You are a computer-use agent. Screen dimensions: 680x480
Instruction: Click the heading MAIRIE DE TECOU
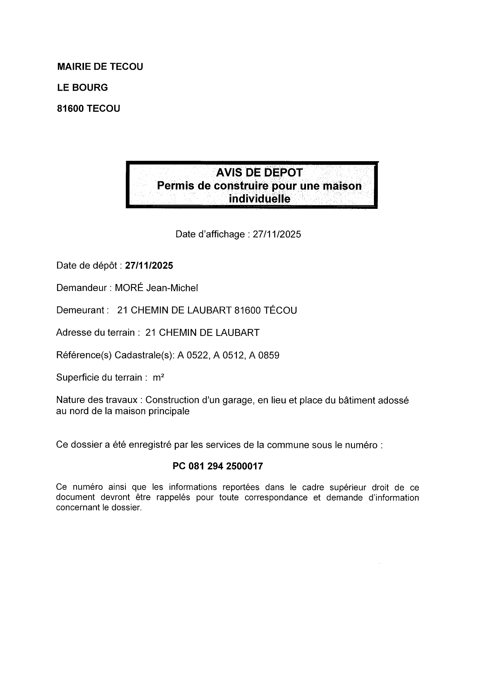pyautogui.click(x=100, y=67)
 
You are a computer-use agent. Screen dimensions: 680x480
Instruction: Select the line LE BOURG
pyautogui.click(x=82, y=88)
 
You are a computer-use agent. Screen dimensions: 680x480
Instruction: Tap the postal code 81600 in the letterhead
pyautogui.click(x=70, y=108)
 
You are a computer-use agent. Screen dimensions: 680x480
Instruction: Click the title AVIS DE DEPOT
pyautogui.click(x=259, y=172)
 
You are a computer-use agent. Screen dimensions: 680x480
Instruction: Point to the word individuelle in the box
pyautogui.click(x=259, y=199)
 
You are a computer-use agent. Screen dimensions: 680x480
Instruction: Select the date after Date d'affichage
pyautogui.click(x=277, y=234)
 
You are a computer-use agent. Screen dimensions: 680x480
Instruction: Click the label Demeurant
pyautogui.click(x=81, y=310)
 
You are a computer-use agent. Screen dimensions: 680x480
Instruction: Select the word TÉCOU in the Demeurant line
pyautogui.click(x=280, y=310)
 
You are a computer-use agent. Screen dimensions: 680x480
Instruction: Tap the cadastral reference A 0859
pyautogui.click(x=264, y=355)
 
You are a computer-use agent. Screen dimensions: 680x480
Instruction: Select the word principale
pyautogui.click(x=169, y=411)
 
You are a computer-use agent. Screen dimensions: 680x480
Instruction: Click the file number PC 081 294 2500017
pyautogui.click(x=218, y=467)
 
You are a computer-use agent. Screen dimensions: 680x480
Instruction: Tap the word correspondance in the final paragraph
pyautogui.click(x=276, y=498)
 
